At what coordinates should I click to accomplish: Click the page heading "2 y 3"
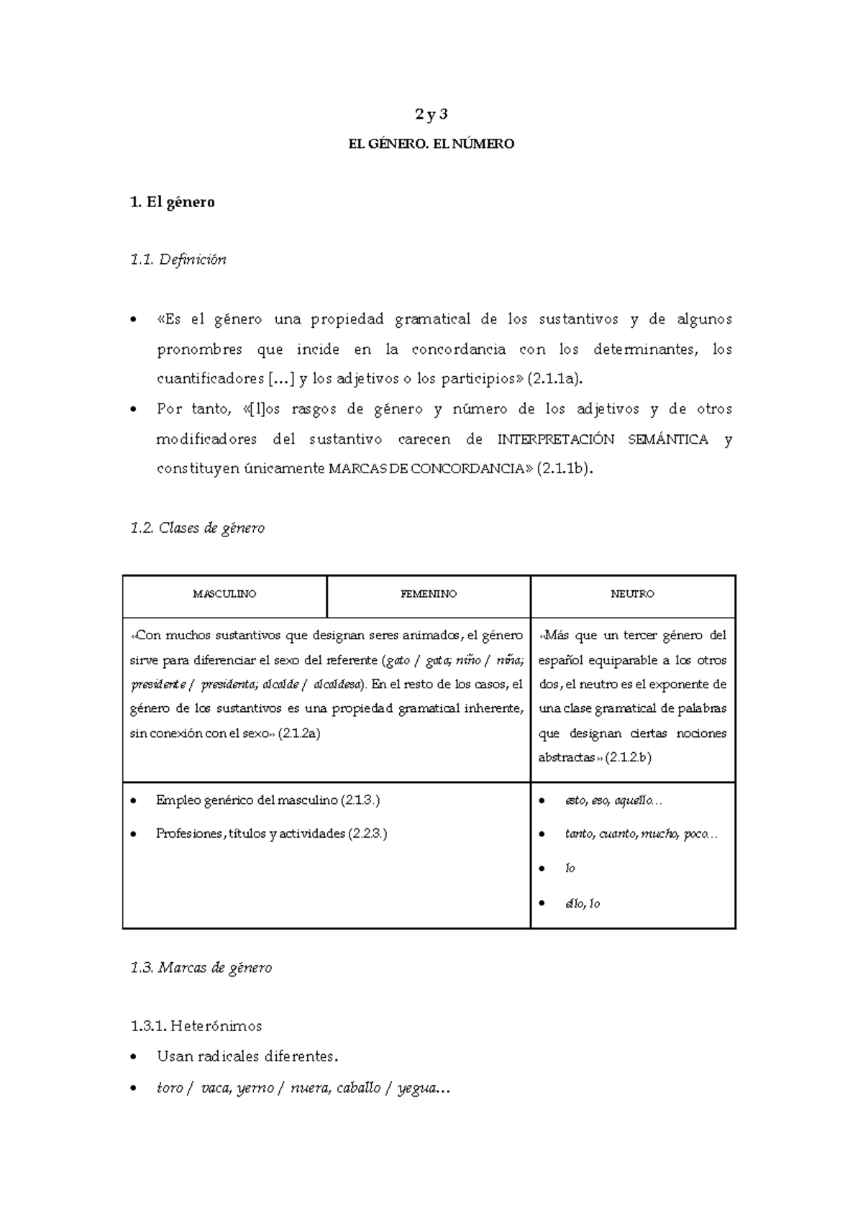(431, 114)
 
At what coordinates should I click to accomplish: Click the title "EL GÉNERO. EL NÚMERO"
(431, 144)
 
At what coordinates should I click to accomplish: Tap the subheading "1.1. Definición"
(178, 260)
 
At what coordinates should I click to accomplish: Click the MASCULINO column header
(224, 594)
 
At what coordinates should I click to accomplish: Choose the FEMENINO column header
(429, 594)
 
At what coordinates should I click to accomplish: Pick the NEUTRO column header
(632, 594)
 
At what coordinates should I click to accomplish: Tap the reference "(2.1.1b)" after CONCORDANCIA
(565, 469)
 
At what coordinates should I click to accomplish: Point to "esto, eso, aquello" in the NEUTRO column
(608, 800)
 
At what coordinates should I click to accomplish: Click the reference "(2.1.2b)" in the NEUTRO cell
(628, 757)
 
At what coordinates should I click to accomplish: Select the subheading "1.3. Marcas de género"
(201, 968)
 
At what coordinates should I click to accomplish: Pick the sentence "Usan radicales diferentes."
(247, 1056)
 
